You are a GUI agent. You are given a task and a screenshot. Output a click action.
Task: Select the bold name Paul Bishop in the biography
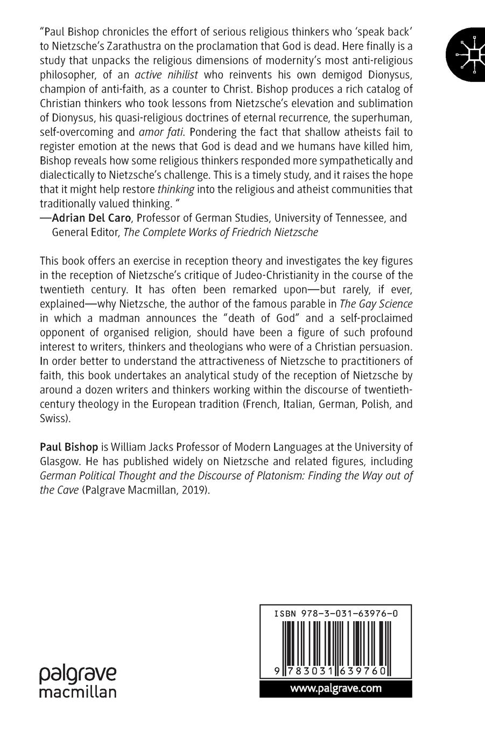69,447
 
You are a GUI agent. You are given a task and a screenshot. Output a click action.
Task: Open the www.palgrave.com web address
336,688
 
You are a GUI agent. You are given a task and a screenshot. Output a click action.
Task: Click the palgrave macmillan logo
78,682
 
